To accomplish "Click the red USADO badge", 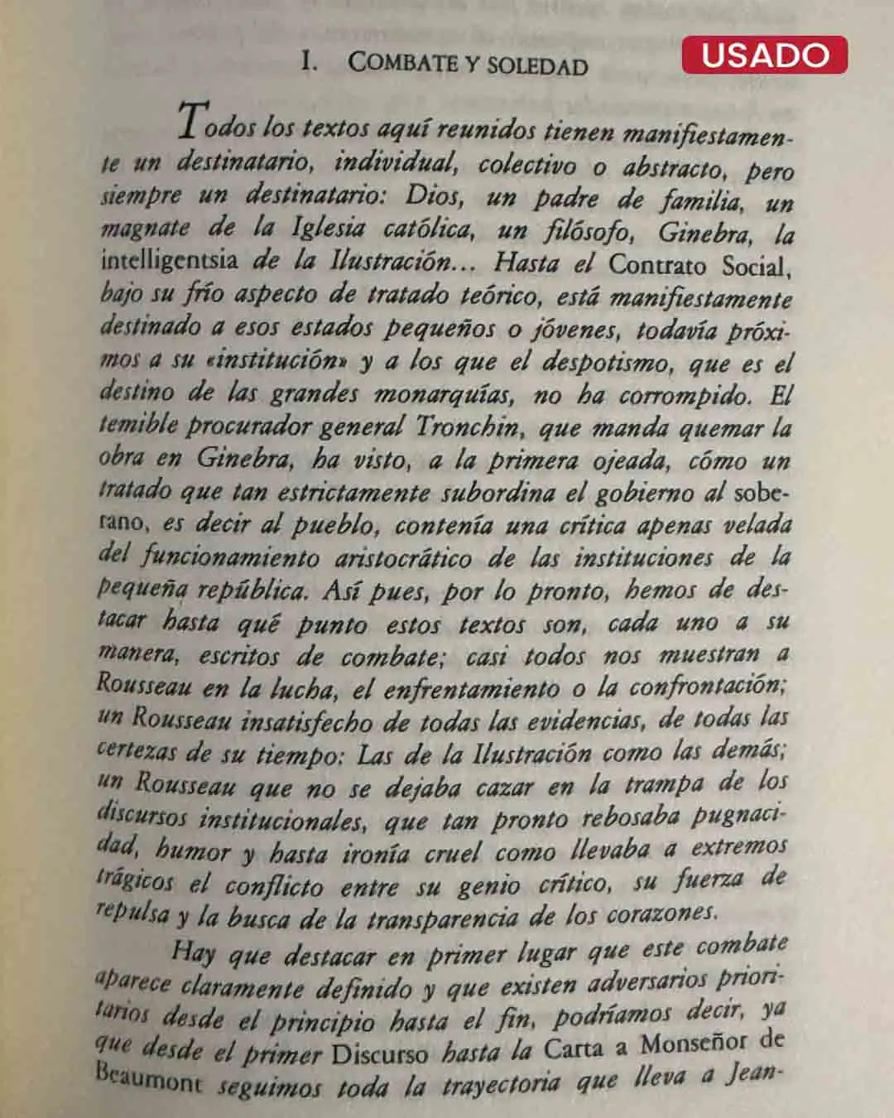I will (764, 55).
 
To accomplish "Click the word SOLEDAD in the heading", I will (537, 65).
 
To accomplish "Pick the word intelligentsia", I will (169, 260).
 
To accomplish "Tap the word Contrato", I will (658, 265).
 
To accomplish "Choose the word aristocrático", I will (403, 557).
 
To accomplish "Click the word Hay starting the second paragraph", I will (193, 952).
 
